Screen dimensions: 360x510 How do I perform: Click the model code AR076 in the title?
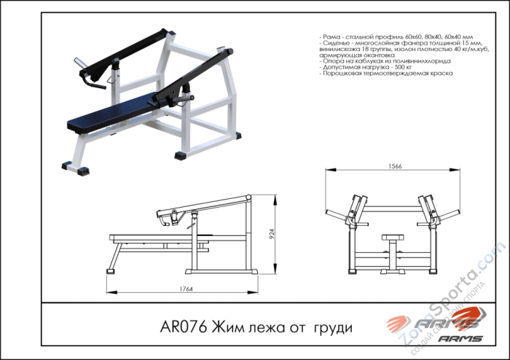coord(183,328)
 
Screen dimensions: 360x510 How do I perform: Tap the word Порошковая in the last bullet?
coord(341,74)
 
